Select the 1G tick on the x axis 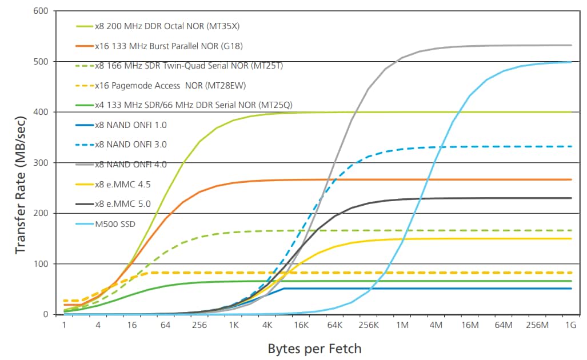pyautogui.click(x=570, y=325)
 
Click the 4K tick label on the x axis pyautogui.click(x=267, y=325)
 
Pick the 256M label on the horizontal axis pyautogui.click(x=537, y=325)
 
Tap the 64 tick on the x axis pyautogui.click(x=166, y=325)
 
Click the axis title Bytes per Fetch pyautogui.click(x=314, y=348)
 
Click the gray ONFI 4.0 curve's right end pyautogui.click(x=570, y=45)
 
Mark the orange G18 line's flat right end pyautogui.click(x=570, y=179)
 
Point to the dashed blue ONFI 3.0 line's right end pyautogui.click(x=570, y=146)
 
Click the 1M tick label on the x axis pyautogui.click(x=402, y=325)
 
